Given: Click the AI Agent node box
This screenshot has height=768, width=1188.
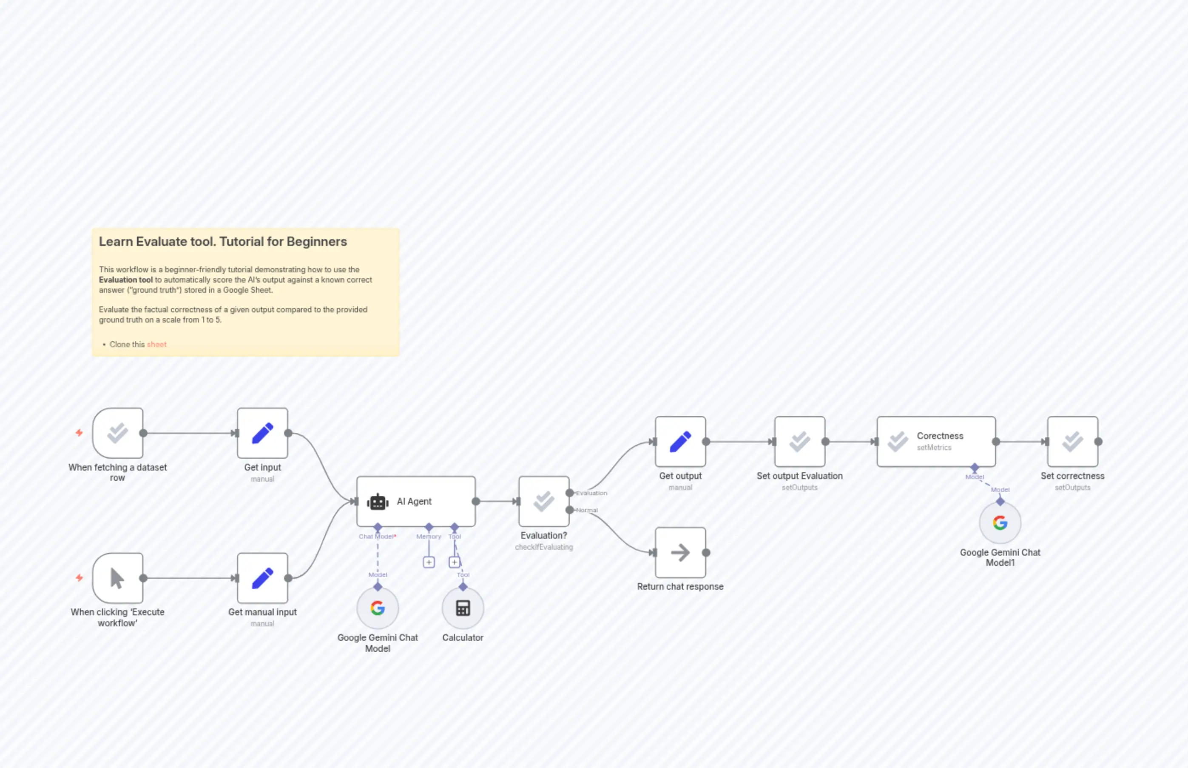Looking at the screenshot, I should click(x=415, y=501).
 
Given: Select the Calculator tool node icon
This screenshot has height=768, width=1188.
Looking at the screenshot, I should click(x=463, y=608).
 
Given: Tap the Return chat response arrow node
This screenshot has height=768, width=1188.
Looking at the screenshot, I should click(x=680, y=553).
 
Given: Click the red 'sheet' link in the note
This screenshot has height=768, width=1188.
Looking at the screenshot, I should click(x=156, y=345).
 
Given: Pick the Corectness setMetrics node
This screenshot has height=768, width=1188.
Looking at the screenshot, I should click(x=936, y=442).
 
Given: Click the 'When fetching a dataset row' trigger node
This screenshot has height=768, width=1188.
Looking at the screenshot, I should click(x=118, y=433).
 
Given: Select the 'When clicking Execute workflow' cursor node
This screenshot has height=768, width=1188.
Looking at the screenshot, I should click(x=118, y=578).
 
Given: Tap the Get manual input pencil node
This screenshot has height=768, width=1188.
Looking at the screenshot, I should click(x=263, y=578).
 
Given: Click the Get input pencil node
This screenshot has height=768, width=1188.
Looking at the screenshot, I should click(x=263, y=433).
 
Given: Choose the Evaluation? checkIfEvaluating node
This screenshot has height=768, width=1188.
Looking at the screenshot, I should click(x=544, y=501).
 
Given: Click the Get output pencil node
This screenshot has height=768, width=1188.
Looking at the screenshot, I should click(x=680, y=442).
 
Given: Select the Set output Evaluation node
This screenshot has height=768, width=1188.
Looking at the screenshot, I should click(x=799, y=442).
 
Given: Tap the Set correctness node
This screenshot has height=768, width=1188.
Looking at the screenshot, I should click(x=1072, y=442).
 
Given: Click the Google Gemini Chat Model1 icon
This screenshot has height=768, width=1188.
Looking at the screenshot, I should click(x=1000, y=522).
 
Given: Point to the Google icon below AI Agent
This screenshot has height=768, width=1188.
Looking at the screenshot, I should click(x=378, y=608).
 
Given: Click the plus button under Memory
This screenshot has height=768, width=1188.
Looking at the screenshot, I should click(x=429, y=562).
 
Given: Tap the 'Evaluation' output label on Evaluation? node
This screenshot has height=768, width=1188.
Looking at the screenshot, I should click(x=591, y=493).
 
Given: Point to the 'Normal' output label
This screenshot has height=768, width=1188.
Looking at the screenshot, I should click(x=587, y=510).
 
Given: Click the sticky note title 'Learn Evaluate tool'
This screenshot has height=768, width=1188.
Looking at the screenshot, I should click(x=223, y=242).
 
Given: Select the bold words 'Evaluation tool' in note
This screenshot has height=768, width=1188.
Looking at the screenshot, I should click(x=125, y=280).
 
